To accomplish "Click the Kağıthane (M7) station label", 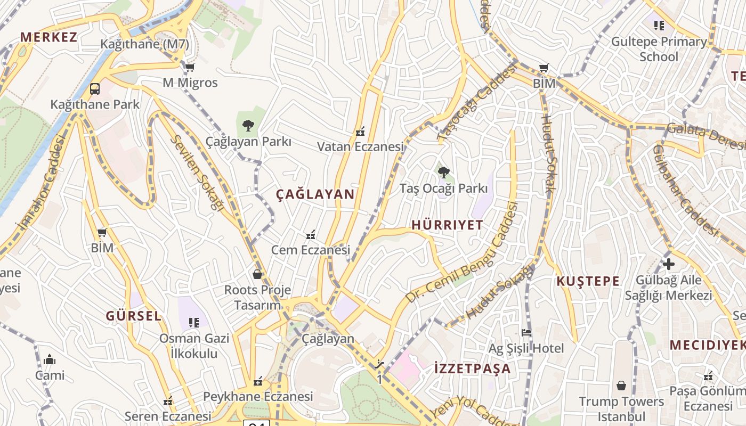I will coord(144,44).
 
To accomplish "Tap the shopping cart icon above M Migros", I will coord(190,67).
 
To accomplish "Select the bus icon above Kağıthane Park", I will coord(95,89).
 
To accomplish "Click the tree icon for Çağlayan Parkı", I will coord(248,126).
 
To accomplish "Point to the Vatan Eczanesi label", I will coord(360,146).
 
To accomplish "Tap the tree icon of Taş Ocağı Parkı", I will coord(443,173).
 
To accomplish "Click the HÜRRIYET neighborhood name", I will coord(447,225).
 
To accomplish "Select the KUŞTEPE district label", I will coord(588,281).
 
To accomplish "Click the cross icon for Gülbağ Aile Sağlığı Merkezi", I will coord(668,264).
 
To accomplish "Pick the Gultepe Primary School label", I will coord(659,49).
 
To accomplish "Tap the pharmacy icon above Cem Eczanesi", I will coord(311,234).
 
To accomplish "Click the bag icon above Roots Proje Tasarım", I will coord(257,274).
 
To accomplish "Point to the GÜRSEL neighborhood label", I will coord(133,316).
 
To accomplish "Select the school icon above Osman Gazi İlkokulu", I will coord(194,322).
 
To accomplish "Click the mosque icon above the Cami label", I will coord(50,360).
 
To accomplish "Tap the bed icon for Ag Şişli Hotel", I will coord(526,333).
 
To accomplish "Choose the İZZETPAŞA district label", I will coord(472,368).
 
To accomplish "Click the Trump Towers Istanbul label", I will coord(621,408).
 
